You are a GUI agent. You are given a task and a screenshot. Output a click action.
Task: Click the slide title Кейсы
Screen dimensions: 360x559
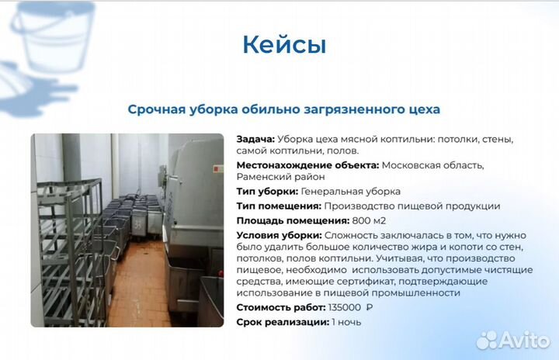click(x=284, y=44)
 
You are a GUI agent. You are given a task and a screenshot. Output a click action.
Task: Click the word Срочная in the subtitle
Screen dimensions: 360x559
click(x=156, y=109)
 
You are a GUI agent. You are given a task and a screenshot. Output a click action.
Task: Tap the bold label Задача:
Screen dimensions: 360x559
click(x=255, y=139)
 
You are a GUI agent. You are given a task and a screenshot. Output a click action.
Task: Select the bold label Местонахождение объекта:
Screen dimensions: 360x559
click(x=307, y=165)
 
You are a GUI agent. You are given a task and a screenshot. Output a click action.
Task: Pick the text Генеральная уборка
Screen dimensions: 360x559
click(x=351, y=192)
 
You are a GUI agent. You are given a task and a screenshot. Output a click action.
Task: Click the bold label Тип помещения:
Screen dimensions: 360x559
click(x=278, y=206)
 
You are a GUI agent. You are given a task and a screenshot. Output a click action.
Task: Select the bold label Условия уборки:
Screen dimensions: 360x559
click(x=279, y=235)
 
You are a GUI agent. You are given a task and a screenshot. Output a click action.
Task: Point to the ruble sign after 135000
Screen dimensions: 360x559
click(x=370, y=308)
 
